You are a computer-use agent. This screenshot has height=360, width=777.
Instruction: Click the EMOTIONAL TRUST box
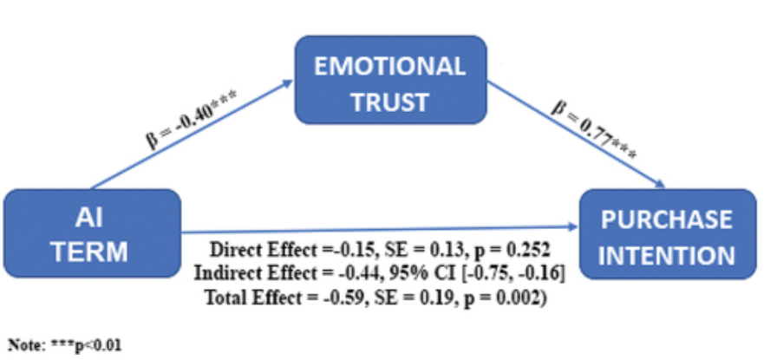coord(390,79)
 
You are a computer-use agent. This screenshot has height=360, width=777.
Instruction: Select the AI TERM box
coord(92,233)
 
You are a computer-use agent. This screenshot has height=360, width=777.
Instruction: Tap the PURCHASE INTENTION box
coord(668,234)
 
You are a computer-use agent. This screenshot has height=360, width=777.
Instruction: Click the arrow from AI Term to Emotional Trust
coord(193,134)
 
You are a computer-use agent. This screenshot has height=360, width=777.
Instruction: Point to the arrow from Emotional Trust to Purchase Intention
coord(576,134)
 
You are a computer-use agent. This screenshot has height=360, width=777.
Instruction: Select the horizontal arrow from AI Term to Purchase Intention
coord(380,230)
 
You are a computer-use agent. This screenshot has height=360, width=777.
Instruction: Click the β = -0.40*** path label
coord(191,119)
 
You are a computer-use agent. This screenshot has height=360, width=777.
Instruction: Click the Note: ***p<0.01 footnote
coord(64,344)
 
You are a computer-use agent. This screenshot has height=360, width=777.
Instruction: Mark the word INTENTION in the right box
coord(668,255)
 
